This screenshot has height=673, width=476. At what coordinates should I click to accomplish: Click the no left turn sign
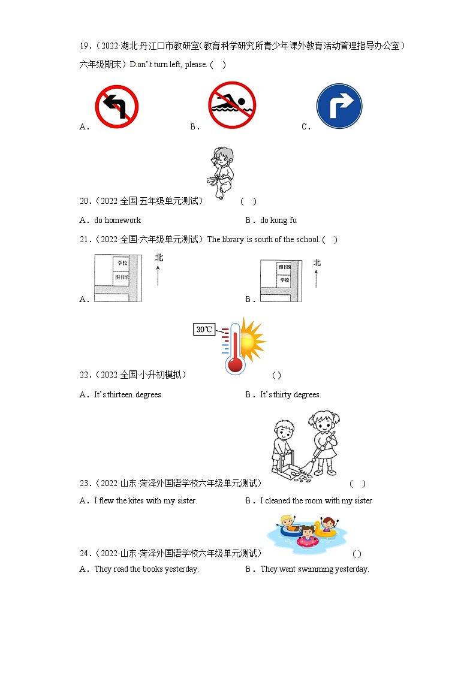[117, 107]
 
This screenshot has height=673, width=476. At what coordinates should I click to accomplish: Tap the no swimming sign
[232, 105]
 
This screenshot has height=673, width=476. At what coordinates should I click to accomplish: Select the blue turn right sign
[339, 106]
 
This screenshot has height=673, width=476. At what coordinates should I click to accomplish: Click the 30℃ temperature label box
[204, 329]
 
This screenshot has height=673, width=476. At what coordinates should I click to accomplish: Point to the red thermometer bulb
[234, 364]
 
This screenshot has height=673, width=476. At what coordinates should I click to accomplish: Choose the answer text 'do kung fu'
[278, 220]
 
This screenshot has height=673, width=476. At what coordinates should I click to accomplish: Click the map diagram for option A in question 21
[118, 277]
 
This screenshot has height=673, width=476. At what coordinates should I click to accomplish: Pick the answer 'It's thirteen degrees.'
[128, 394]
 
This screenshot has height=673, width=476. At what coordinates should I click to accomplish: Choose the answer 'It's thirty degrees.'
[291, 394]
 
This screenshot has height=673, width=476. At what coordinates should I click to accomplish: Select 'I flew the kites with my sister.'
[145, 500]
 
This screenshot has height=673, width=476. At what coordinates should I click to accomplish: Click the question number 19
[85, 46]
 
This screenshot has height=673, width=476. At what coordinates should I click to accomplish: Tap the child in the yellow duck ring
[327, 526]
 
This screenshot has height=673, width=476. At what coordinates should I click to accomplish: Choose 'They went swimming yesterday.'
[314, 569]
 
